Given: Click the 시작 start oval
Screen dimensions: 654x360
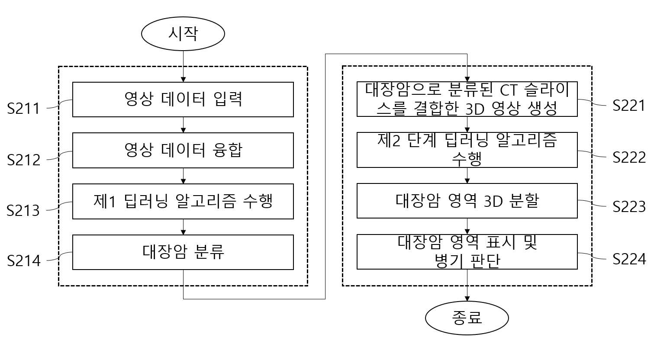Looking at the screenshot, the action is click(183, 34).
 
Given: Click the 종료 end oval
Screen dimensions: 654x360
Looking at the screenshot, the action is click(467, 318).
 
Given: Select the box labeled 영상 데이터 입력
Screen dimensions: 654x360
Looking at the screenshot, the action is click(183, 100).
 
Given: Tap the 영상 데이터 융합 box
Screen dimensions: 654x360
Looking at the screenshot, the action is click(183, 151).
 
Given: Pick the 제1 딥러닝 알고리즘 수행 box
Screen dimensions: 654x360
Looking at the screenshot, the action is click(183, 201).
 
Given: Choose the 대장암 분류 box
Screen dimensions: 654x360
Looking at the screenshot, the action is click(183, 252).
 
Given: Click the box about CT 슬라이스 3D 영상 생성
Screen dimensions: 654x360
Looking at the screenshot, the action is click(467, 99).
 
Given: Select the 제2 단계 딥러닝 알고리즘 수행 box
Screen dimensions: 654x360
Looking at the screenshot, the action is click(467, 150).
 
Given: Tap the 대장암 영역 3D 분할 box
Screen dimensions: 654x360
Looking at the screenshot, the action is click(467, 201).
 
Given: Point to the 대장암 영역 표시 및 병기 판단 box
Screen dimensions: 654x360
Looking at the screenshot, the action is click(467, 252).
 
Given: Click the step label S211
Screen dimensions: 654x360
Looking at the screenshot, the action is click(23, 109).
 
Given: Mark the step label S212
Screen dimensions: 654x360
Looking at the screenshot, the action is click(24, 160).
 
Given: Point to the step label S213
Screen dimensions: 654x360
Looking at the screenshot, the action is click(23, 211).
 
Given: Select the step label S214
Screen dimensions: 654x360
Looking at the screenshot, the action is click(24, 261).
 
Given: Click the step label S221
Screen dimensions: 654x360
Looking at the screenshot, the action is click(629, 106).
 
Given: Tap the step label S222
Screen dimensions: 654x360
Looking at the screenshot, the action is click(629, 157).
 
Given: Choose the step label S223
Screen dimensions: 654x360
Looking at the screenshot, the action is click(629, 207).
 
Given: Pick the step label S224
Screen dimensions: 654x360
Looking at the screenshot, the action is click(629, 259).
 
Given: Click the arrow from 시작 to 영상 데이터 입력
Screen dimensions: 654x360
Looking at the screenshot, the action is click(183, 66).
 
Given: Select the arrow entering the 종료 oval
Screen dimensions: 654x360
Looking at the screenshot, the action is click(467, 285).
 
